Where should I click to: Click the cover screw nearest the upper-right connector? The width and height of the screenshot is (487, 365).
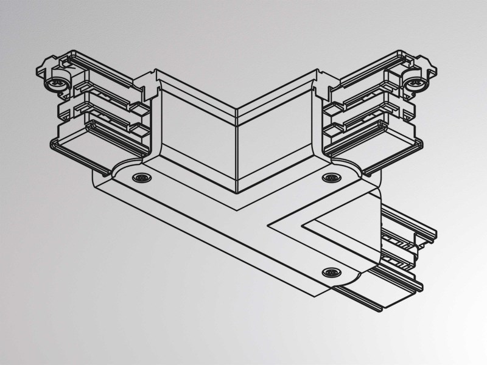point(331,178)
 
